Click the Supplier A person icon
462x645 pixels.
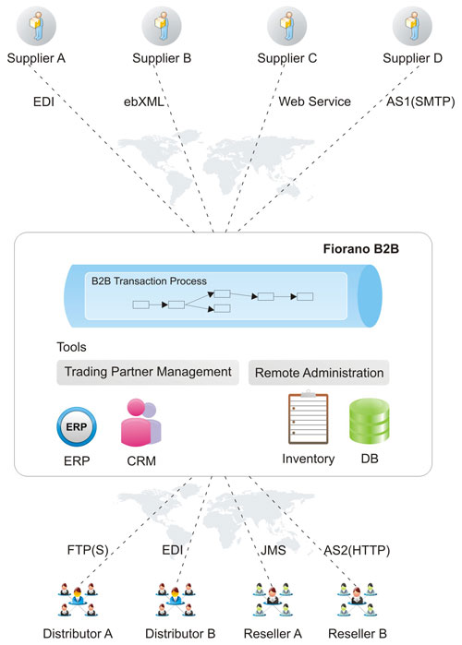36,26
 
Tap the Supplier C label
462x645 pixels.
287,58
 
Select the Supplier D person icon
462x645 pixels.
412,26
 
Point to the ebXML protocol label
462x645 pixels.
144,102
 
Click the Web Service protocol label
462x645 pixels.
314,102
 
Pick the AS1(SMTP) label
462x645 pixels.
420,102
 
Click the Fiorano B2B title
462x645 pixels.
360,249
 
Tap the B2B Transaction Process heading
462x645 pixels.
149,281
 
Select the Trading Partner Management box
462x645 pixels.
148,372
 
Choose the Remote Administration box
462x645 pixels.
319,373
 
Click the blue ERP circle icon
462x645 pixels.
77,427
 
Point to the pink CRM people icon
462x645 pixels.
141,423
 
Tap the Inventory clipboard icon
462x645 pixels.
308,417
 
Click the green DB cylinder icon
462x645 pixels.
370,421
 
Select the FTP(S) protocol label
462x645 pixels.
88,550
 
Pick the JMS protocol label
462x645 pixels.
273,550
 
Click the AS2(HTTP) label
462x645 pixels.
357,550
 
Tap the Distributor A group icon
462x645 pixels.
78,600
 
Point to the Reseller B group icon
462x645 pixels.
357,600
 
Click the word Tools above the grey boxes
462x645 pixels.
72,347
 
